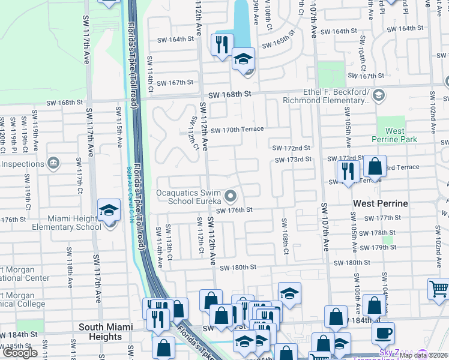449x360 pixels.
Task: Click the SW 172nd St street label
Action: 292,148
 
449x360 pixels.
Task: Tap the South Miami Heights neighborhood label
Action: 101,332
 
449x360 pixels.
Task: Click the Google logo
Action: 20,353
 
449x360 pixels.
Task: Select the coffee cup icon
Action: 383,332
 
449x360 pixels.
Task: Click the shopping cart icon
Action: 439,289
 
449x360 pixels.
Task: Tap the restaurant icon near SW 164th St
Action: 221,44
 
